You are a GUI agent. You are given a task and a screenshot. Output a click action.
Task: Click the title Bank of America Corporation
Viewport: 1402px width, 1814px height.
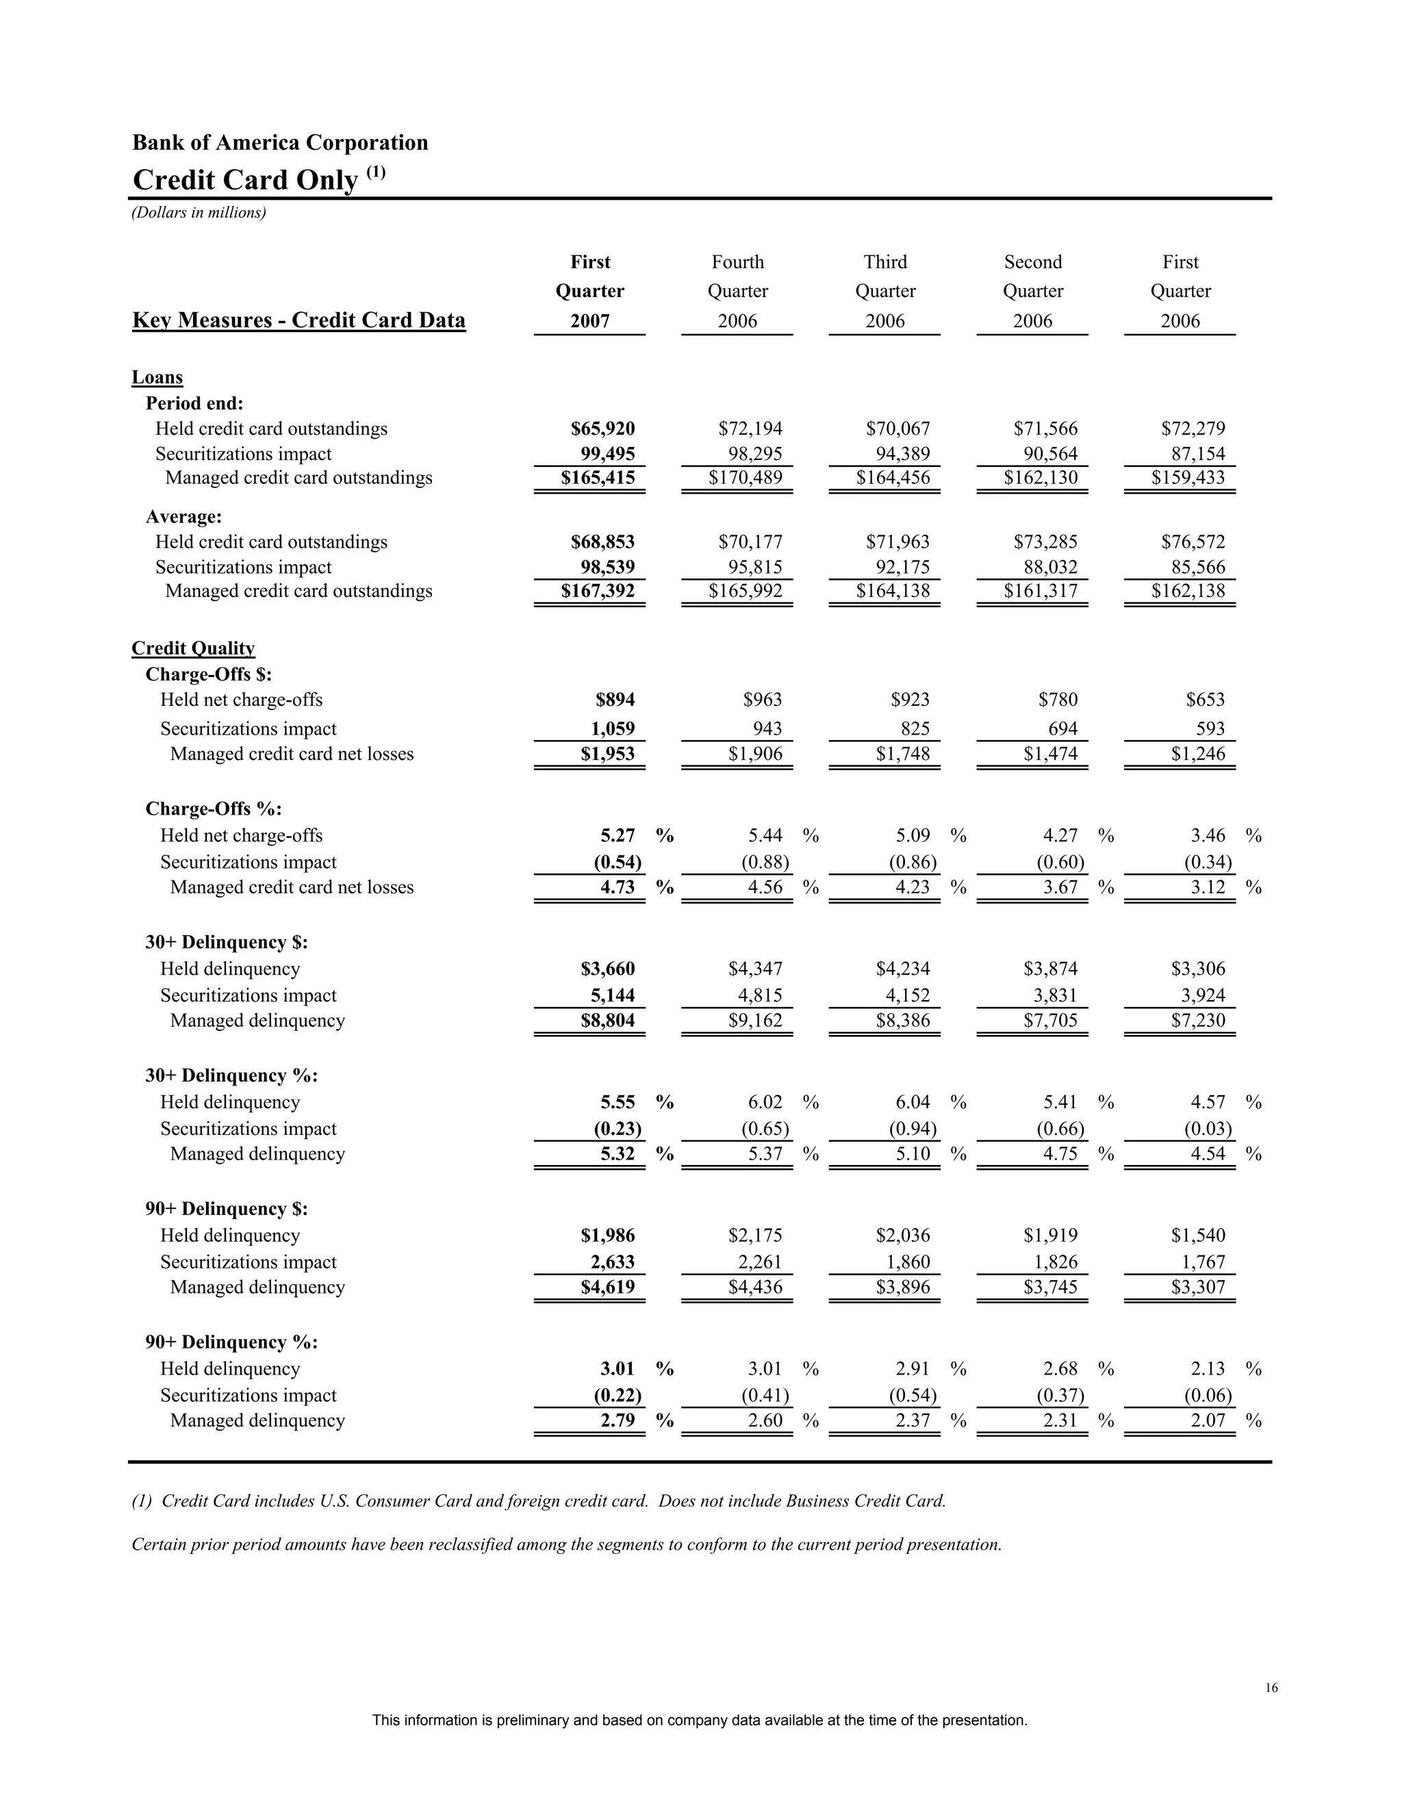[280, 143]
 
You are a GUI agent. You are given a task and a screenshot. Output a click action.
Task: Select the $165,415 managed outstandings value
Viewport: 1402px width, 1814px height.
[597, 478]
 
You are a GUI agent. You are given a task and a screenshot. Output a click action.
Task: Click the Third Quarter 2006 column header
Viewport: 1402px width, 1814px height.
[884, 292]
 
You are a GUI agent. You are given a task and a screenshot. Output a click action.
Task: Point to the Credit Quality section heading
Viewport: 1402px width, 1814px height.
[192, 649]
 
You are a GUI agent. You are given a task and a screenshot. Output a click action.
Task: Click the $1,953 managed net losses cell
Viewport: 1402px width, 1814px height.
[607, 754]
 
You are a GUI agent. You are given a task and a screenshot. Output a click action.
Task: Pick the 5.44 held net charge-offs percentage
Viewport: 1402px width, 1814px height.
[765, 836]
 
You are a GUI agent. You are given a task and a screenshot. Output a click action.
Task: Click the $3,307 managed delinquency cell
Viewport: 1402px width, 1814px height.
[1198, 1288]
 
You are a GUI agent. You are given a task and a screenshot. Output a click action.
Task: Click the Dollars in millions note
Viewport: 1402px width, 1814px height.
[199, 214]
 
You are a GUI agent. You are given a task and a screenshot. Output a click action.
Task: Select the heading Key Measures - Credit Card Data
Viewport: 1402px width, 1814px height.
[298, 320]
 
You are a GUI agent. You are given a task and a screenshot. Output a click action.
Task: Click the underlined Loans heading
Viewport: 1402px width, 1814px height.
[157, 378]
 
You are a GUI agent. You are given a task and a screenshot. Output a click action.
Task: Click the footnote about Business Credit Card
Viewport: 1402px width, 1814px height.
[539, 1502]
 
